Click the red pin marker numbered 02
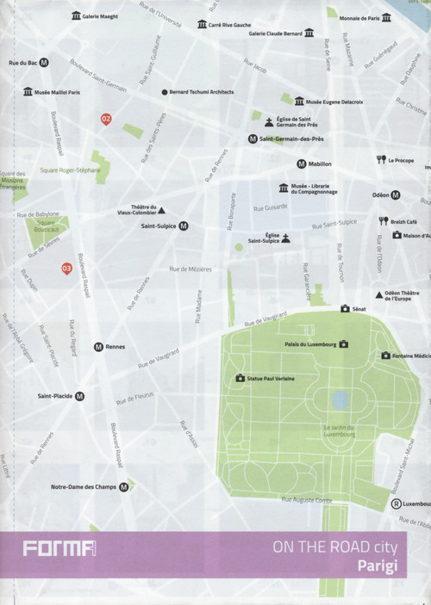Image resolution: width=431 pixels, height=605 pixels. tap(106, 119)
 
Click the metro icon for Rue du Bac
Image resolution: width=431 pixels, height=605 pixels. tap(44, 63)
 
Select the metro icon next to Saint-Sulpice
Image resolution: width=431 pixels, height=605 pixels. tap(183, 226)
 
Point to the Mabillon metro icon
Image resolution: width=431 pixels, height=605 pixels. tap(301, 164)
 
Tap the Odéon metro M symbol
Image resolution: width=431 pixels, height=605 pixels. tap(396, 194)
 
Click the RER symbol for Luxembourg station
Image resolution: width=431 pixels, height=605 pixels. tap(396, 504)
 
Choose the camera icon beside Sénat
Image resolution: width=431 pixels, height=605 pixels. tap(345, 308)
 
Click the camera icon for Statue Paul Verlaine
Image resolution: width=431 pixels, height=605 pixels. tap(240, 378)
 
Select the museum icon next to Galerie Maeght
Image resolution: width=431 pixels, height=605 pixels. tap(76, 15)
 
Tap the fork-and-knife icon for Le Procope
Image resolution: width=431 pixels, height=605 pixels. tap(380, 160)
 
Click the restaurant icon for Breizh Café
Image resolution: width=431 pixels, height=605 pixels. tap(384, 221)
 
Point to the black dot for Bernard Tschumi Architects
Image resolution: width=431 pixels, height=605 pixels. tap(164, 92)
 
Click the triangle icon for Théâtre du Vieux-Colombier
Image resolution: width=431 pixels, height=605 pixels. tap(161, 210)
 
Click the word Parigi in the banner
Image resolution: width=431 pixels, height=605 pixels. tap(380, 565)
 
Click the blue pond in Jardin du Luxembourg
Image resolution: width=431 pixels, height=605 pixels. tap(340, 399)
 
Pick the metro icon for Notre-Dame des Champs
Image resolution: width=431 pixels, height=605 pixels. tap(124, 487)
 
